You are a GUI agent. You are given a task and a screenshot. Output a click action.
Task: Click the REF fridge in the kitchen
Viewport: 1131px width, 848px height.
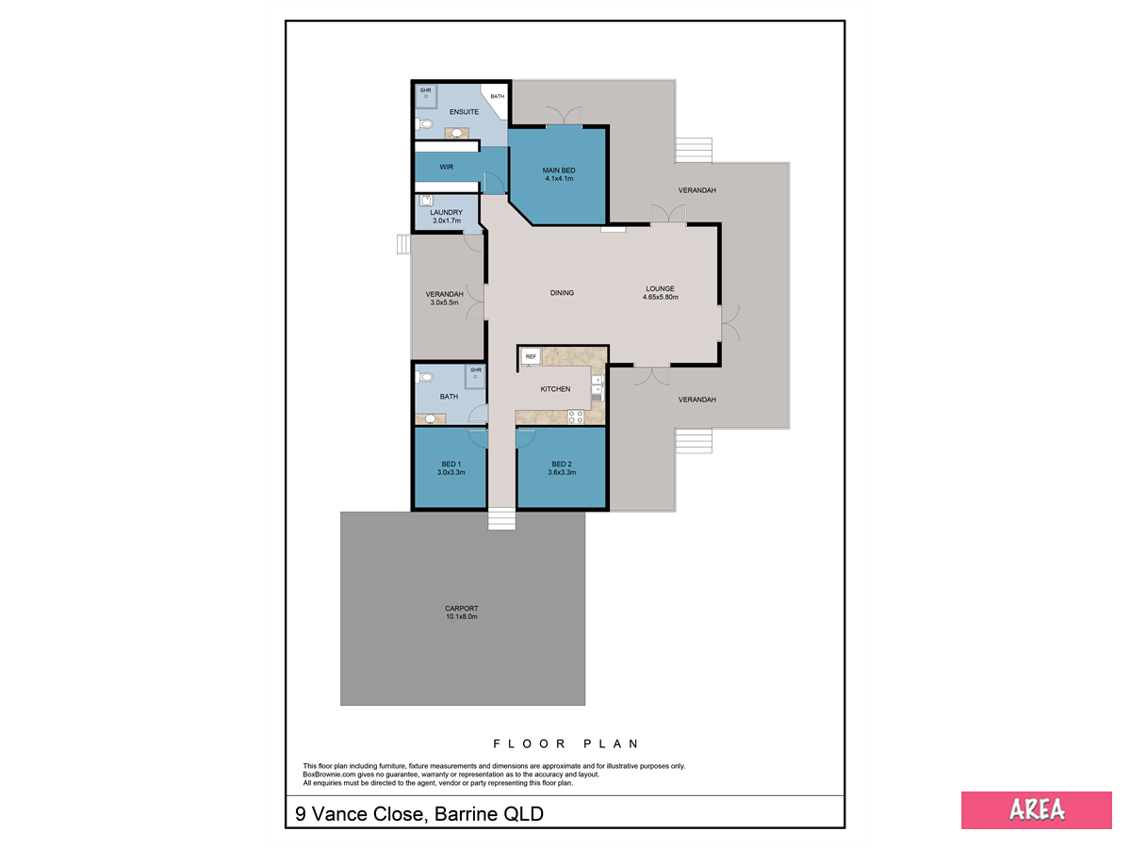click(531, 356)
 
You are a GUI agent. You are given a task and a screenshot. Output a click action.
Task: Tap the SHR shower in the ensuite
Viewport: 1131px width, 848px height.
click(426, 97)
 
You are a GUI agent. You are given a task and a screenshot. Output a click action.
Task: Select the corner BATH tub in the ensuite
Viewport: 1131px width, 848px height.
click(494, 101)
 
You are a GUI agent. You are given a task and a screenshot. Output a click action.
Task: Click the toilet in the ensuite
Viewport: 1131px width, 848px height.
click(424, 123)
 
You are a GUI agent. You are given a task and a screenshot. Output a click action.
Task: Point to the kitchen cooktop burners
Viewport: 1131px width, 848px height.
click(575, 416)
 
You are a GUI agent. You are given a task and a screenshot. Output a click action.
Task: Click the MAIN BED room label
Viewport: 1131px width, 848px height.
click(559, 171)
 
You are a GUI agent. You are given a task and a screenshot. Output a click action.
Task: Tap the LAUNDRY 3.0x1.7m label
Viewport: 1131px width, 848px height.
click(446, 217)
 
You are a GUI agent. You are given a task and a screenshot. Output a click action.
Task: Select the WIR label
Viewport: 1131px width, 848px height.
click(446, 167)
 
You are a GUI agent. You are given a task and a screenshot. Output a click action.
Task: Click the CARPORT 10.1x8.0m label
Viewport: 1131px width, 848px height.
click(462, 612)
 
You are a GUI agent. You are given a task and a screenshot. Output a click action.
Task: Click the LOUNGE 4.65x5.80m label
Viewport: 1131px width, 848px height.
click(660, 292)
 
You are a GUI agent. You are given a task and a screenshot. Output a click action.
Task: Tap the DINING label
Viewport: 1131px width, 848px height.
click(562, 292)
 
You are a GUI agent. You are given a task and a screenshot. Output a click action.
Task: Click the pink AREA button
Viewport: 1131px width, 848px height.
click(1036, 810)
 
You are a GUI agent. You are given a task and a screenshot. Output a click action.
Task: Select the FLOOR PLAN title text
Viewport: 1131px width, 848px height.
click(565, 743)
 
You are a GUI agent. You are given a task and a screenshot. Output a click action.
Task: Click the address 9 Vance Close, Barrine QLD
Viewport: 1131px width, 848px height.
click(418, 814)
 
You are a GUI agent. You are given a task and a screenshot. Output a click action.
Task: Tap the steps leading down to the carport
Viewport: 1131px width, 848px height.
click(501, 519)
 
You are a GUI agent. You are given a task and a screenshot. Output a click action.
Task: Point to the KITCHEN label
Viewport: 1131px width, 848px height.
click(555, 389)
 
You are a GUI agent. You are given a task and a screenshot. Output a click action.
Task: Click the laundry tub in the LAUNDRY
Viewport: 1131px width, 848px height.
click(426, 201)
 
